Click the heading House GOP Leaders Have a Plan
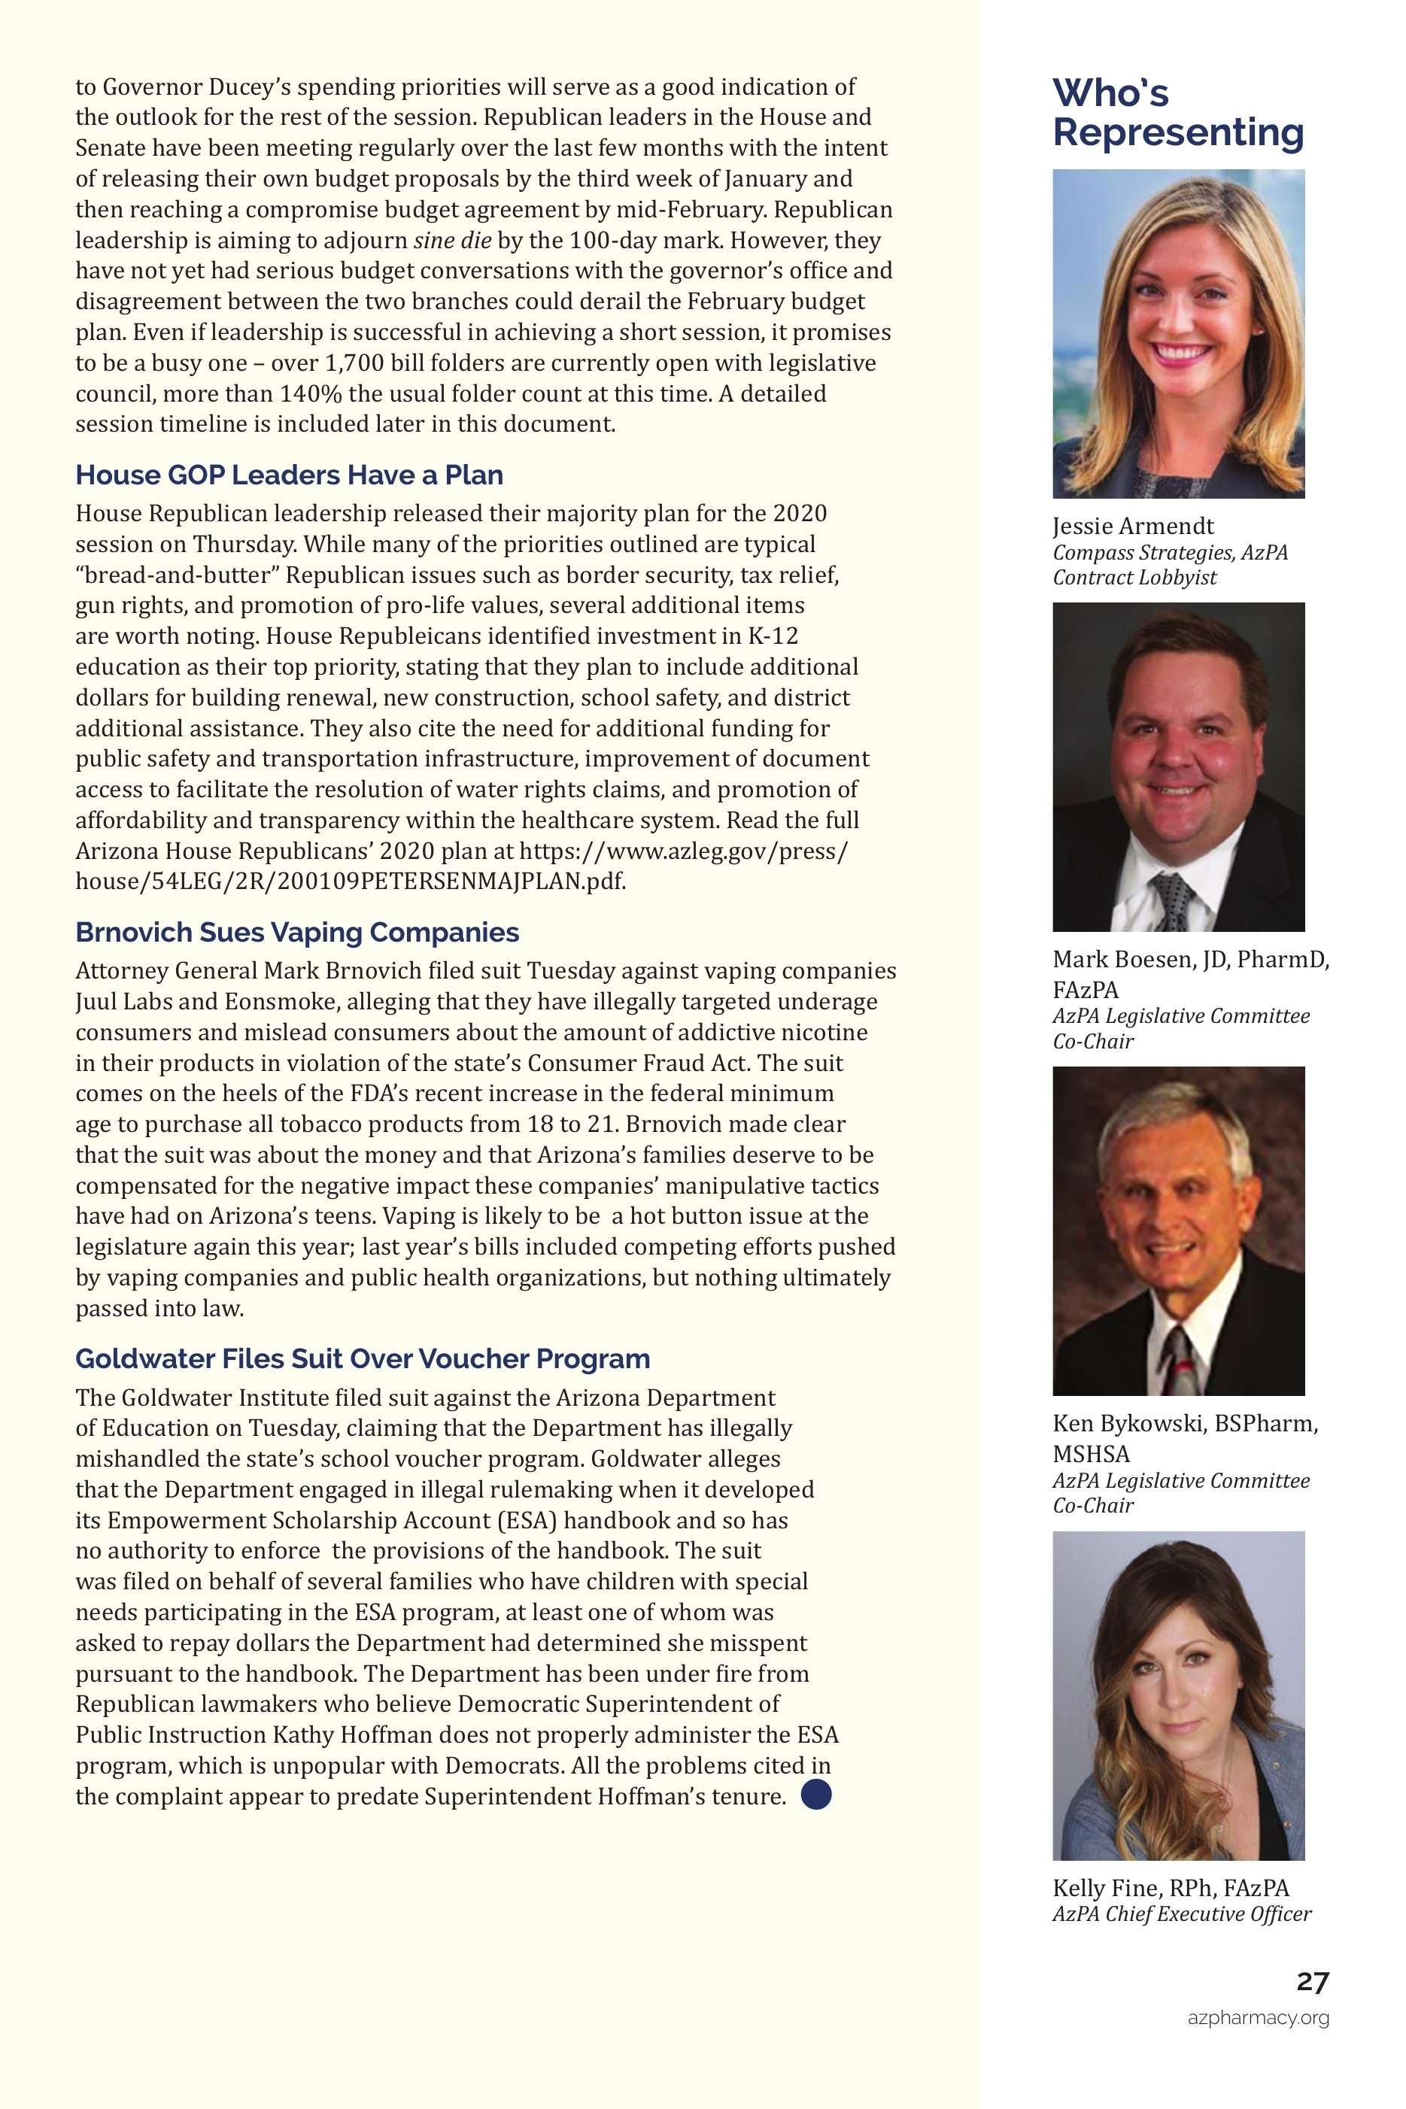pos(289,475)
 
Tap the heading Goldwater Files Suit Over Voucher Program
pos(363,1359)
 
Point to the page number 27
pos(1312,1982)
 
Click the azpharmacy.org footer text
pos(1258,2017)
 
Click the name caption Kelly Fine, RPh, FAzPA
pos(1171,1889)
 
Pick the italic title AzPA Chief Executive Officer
pos(1181,1914)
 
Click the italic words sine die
pos(452,240)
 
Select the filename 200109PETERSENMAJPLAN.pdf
pos(451,881)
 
